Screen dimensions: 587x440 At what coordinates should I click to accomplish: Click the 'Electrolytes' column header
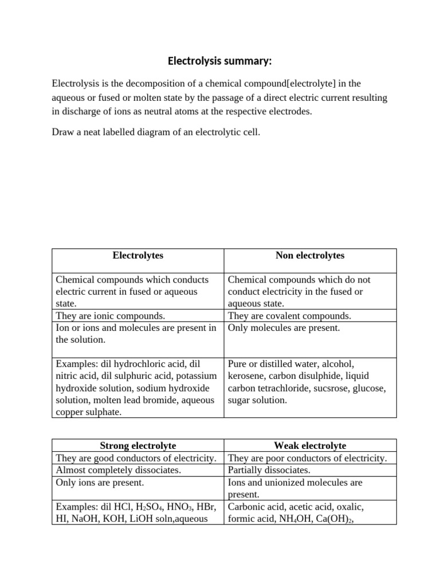[x=137, y=256]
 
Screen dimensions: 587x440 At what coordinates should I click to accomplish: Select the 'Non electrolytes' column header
[x=310, y=256]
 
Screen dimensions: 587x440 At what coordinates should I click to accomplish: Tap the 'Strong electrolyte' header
[x=137, y=445]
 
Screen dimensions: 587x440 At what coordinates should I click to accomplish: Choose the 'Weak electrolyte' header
[x=310, y=445]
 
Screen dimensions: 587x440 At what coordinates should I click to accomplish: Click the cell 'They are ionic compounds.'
[x=110, y=316]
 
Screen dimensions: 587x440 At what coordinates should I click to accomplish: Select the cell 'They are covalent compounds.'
[x=289, y=316]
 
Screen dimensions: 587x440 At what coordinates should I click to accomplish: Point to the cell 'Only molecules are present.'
[x=284, y=328]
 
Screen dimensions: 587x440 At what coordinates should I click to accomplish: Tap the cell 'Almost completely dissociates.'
[x=118, y=470]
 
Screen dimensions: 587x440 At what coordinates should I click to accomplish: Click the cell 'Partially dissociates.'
[x=269, y=470]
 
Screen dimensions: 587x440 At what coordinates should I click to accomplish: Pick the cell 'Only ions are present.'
[x=100, y=483]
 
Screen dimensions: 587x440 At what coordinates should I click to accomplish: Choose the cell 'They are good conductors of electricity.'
[x=136, y=458]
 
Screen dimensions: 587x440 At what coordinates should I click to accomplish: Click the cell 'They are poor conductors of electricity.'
[x=307, y=458]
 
